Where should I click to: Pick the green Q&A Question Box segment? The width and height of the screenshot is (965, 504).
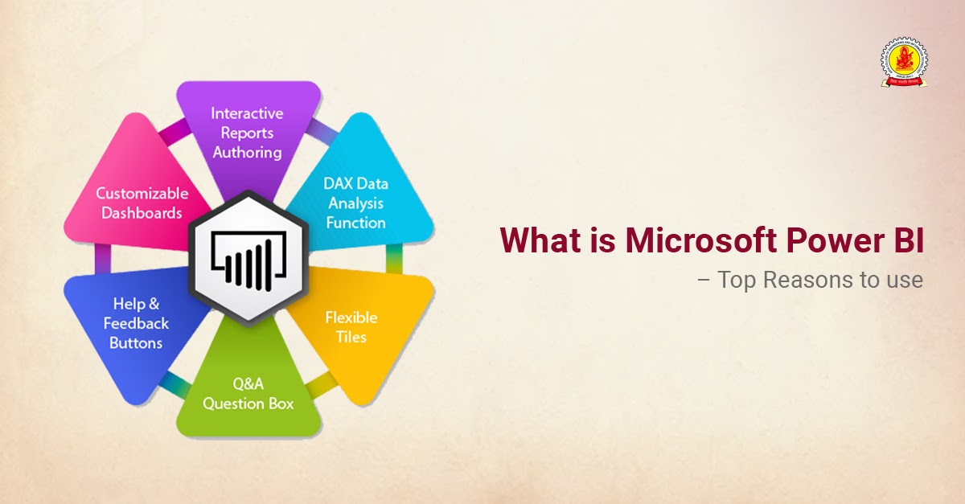click(x=248, y=394)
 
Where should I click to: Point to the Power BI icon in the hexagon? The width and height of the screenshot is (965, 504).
click(x=248, y=257)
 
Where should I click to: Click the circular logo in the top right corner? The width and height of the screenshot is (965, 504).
click(x=904, y=62)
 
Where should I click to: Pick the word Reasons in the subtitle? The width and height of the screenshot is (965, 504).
click(x=804, y=281)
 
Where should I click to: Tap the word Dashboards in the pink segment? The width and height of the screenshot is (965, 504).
click(x=142, y=213)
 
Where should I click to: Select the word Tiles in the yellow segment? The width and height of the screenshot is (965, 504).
click(x=351, y=336)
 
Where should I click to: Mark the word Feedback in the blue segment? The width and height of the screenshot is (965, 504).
click(x=136, y=323)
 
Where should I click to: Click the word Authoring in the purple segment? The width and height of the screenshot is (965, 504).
click(x=247, y=151)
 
